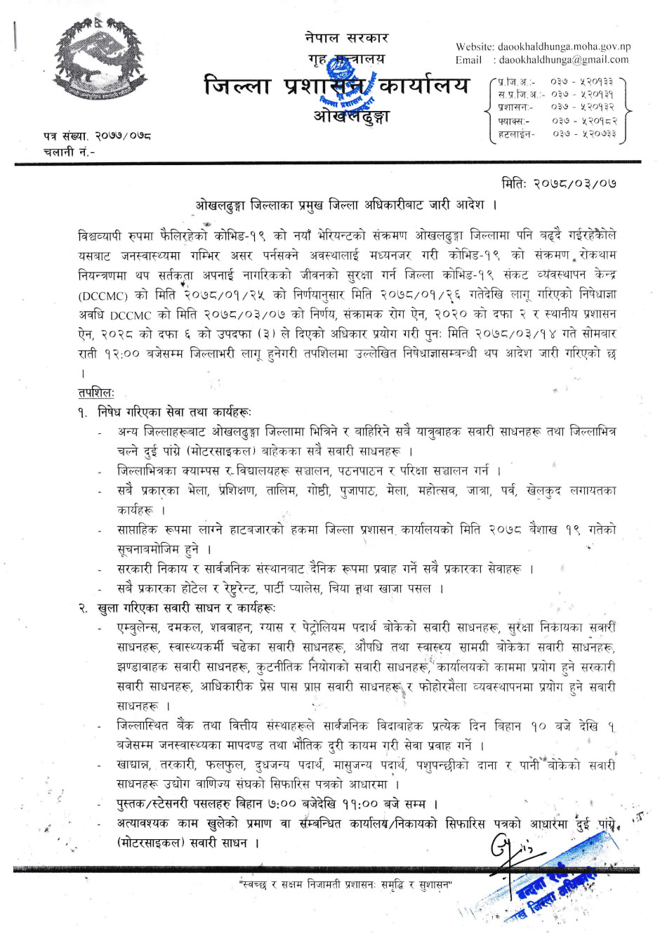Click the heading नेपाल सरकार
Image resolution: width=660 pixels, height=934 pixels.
click(x=346, y=38)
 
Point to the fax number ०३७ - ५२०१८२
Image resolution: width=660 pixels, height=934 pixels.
click(x=583, y=120)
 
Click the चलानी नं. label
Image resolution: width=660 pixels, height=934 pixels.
click(x=69, y=152)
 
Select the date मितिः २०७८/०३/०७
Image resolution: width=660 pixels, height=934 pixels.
click(x=559, y=183)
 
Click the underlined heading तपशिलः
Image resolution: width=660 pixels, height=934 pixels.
click(x=96, y=393)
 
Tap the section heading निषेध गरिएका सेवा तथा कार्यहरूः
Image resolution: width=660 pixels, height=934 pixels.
click(x=174, y=412)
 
